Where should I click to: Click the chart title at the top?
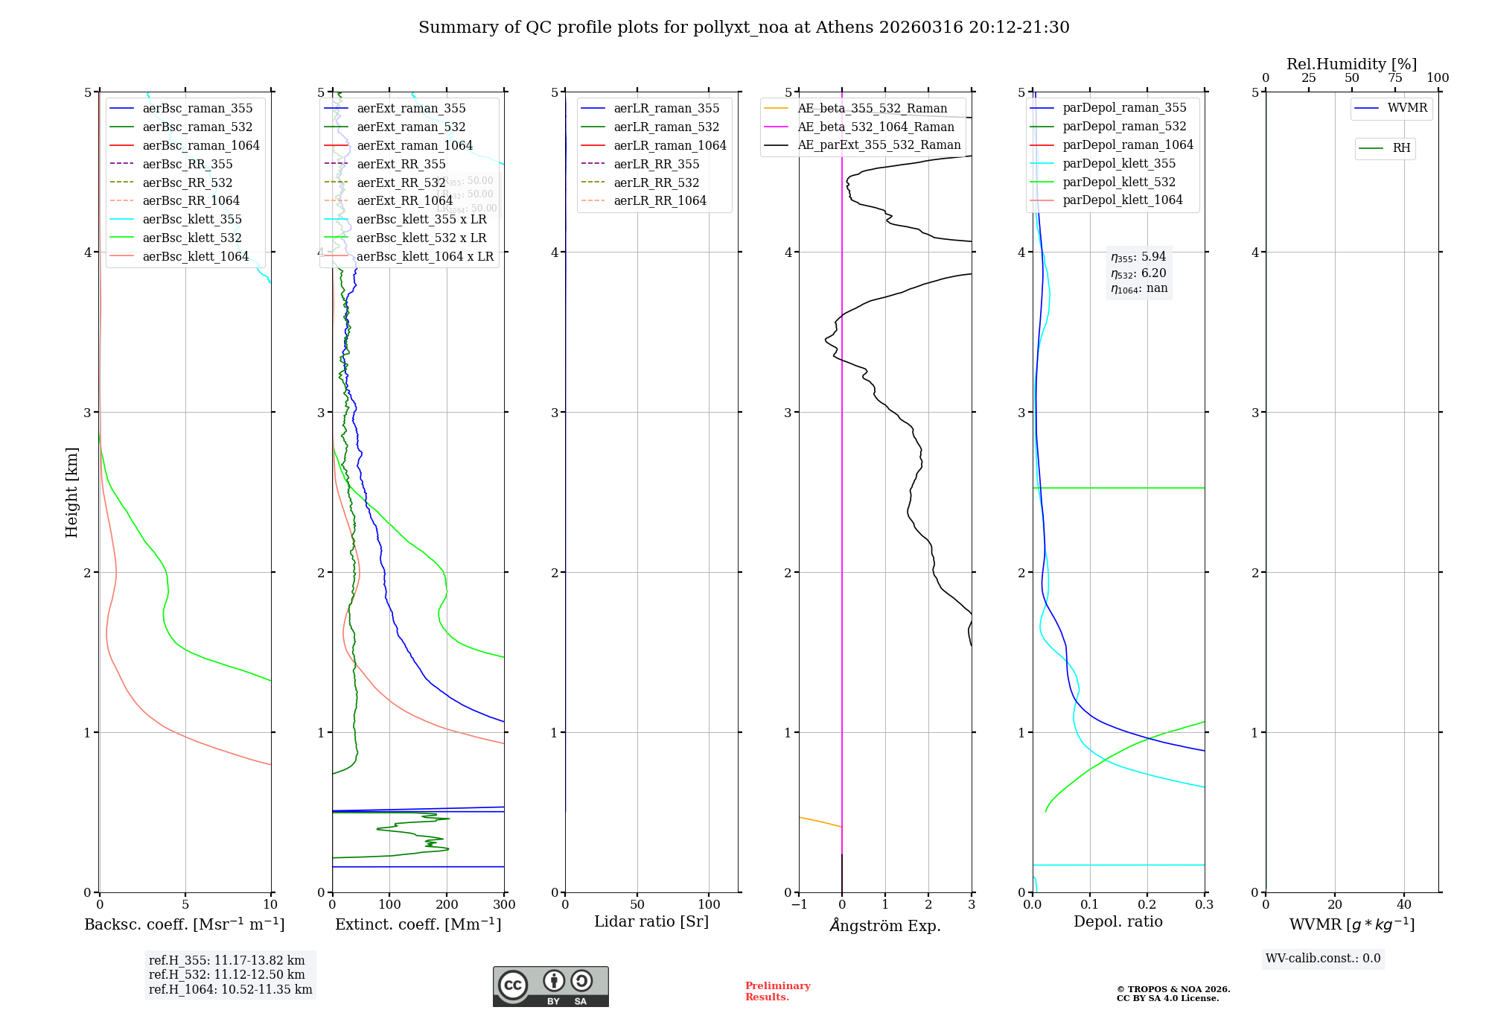[744, 28]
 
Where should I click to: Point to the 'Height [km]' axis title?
[72, 492]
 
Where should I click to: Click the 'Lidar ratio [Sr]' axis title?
[651, 921]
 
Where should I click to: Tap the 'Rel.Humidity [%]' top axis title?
[1351, 64]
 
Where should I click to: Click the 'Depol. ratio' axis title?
[1117, 921]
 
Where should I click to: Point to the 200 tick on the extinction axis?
[447, 905]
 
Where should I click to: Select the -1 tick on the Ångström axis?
[799, 905]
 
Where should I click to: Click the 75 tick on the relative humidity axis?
[1394, 78]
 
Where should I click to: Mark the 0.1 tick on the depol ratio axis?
[1090, 905]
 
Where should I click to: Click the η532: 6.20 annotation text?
[1138, 273]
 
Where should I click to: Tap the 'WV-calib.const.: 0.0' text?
[1323, 959]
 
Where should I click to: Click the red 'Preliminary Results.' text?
[777, 991]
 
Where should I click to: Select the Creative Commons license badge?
[550, 986]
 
